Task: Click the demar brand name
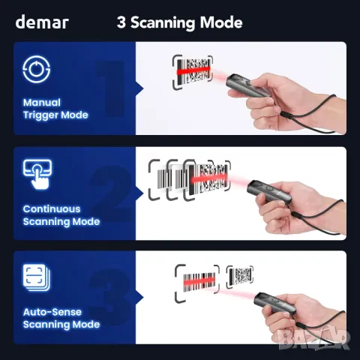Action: (42, 22)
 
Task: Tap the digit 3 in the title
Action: (121, 22)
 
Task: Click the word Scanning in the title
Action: (163, 23)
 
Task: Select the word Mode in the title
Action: (221, 22)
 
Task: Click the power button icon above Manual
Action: (37, 69)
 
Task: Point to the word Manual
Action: (42, 103)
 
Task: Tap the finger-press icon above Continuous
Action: (38, 174)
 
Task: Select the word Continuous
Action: (52, 209)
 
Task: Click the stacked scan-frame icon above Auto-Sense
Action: (37, 277)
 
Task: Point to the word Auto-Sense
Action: (52, 312)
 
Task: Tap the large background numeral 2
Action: (111, 193)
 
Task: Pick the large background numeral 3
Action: (110, 298)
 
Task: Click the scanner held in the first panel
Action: (247, 85)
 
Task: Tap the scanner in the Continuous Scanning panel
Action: (268, 192)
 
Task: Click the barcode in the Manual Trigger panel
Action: (193, 71)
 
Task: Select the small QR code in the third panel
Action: (240, 277)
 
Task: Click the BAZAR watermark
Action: (313, 339)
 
